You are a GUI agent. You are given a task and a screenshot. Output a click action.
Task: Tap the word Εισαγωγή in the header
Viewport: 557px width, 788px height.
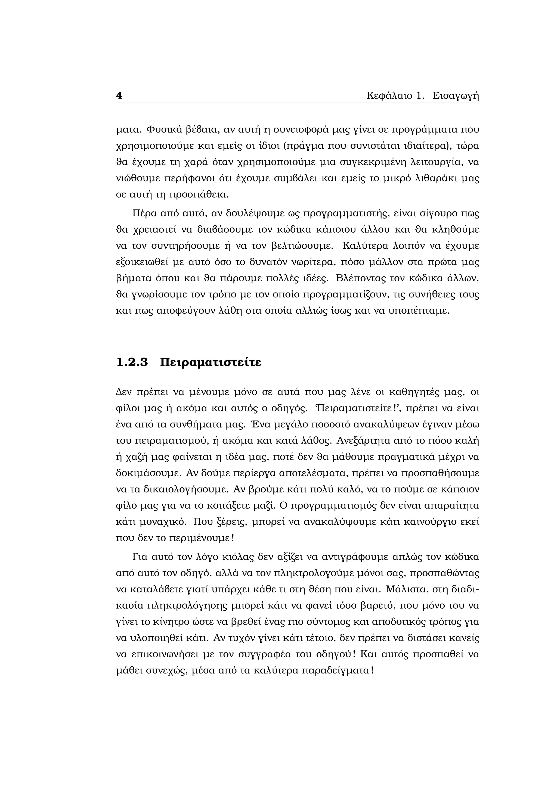pyautogui.click(x=456, y=96)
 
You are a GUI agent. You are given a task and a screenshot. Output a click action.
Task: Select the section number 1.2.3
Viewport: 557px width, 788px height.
pyautogui.click(x=132, y=362)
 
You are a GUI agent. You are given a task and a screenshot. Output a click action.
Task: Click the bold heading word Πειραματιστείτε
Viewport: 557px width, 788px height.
pyautogui.click(x=211, y=362)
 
